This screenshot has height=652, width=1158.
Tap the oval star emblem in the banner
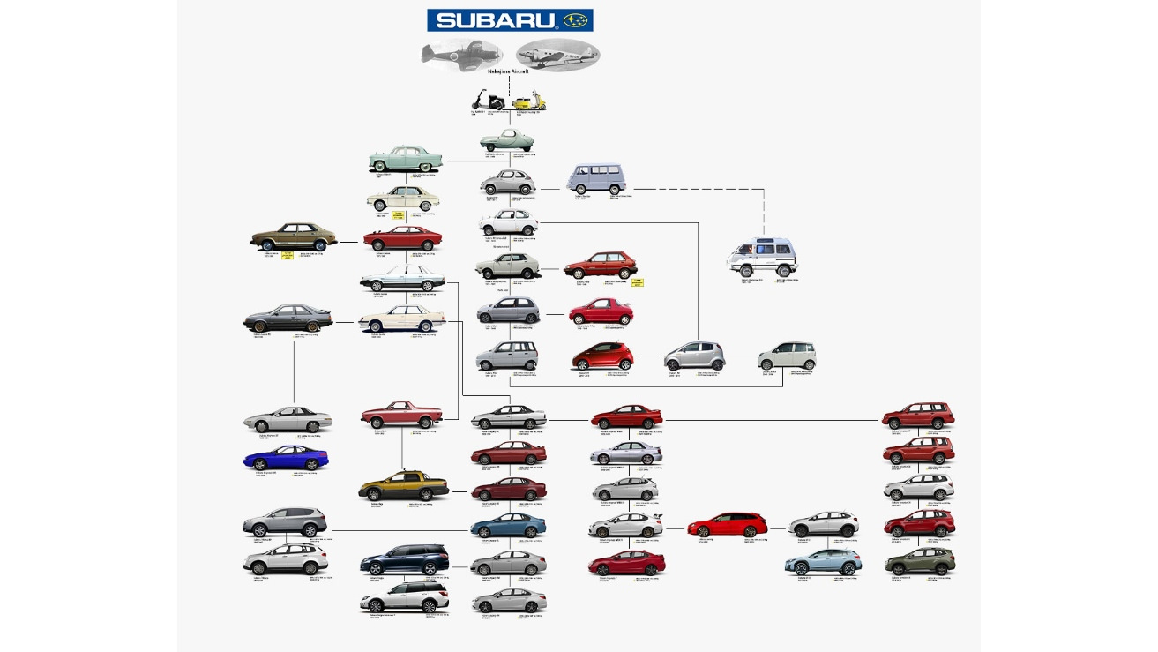[x=577, y=20]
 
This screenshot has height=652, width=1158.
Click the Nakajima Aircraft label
[x=509, y=71]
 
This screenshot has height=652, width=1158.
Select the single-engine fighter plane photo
[x=451, y=53]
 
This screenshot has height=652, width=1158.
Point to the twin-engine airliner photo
[x=557, y=54]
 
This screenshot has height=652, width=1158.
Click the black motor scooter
[x=486, y=101]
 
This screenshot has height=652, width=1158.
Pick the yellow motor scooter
[x=530, y=101]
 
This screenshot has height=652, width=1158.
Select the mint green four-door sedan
[x=405, y=160]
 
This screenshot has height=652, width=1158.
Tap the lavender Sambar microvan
[x=596, y=179]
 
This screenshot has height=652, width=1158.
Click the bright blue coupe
[x=285, y=458]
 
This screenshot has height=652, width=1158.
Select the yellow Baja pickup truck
[x=403, y=486]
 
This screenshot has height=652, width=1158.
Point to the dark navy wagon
[x=405, y=559]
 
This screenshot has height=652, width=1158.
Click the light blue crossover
[x=823, y=561]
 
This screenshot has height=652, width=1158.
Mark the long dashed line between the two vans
[x=697, y=188]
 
